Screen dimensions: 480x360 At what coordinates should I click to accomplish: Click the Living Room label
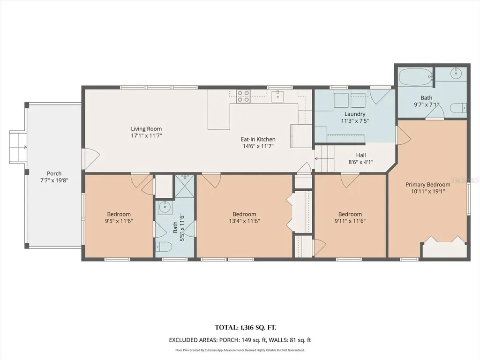146,129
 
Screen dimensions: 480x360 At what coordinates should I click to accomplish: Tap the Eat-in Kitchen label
258,139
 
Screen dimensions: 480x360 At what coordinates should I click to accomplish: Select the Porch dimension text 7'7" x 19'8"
54,180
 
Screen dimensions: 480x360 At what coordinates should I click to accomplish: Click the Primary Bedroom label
428,185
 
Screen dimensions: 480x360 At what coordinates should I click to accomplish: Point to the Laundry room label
355,114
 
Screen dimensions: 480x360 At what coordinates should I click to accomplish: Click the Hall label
361,155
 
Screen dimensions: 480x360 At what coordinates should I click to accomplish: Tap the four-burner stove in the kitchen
243,96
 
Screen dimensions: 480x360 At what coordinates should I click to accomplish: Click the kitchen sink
277,96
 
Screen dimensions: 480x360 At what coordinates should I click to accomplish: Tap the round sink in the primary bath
457,73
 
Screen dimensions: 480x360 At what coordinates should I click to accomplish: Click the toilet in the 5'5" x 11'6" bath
164,247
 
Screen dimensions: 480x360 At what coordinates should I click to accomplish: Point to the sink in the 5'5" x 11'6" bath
165,208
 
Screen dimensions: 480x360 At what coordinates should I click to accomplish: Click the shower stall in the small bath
185,187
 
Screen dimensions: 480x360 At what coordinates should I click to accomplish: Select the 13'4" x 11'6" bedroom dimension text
244,221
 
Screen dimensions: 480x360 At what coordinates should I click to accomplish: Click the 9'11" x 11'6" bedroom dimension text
350,221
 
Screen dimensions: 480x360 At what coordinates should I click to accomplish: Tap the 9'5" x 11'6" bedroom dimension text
119,221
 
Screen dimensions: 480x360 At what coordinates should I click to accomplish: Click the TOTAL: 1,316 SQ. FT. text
246,328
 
